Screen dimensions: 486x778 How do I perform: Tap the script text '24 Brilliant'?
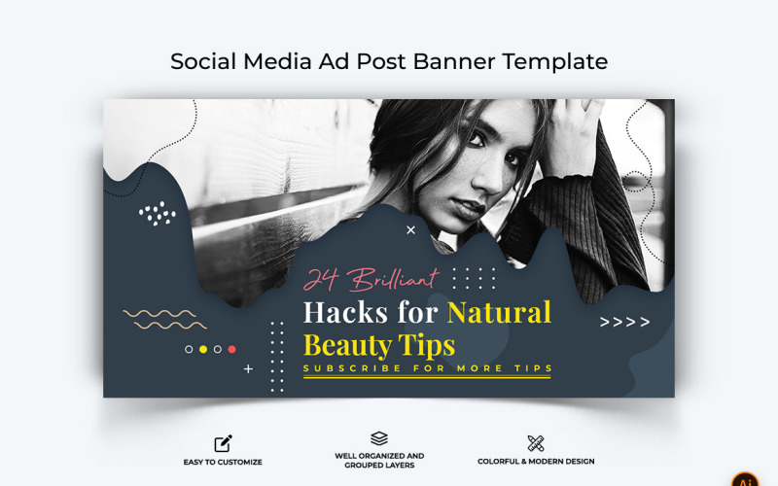pyautogui.click(x=371, y=280)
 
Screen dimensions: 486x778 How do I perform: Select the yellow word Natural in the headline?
pyautogui.click(x=499, y=312)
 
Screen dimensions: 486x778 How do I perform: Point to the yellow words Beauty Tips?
pyautogui.click(x=378, y=345)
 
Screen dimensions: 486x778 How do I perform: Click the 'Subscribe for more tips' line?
pyautogui.click(x=428, y=368)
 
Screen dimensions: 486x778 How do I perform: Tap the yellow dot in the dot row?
pyautogui.click(x=203, y=349)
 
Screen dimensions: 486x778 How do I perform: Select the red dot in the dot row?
pyautogui.click(x=231, y=349)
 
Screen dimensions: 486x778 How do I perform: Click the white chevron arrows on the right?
pyautogui.click(x=624, y=322)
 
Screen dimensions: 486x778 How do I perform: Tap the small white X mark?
pyautogui.click(x=410, y=230)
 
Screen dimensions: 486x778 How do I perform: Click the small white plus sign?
pyautogui.click(x=248, y=369)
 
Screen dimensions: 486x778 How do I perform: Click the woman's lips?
pyautogui.click(x=468, y=208)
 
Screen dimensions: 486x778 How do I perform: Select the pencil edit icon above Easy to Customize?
pyautogui.click(x=223, y=443)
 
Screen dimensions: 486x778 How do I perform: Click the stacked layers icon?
pyautogui.click(x=379, y=439)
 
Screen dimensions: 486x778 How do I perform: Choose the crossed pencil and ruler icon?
pyautogui.click(x=536, y=443)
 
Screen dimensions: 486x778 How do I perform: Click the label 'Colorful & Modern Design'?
pyautogui.click(x=536, y=462)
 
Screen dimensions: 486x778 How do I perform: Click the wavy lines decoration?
pyautogui.click(x=159, y=319)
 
